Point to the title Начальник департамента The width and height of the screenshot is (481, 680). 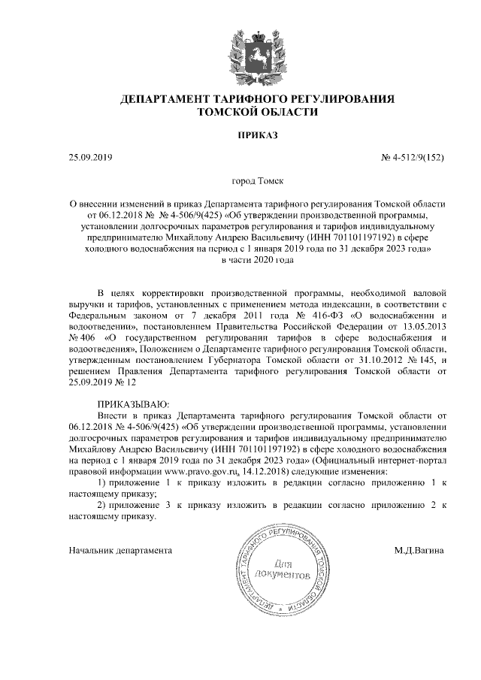click(x=120, y=550)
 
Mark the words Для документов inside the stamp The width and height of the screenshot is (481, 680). click(x=283, y=569)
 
